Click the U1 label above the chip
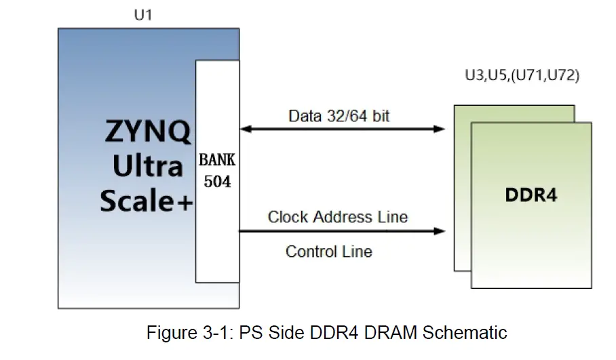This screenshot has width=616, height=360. pos(143,15)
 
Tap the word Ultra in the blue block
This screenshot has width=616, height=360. pos(148,166)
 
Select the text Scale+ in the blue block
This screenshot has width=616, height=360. pos(147,201)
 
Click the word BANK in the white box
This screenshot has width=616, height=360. pos(217,162)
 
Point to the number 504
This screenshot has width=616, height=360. pos(217,182)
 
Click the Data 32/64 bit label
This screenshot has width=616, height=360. pos(339,116)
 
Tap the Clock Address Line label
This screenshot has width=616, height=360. pos(337,217)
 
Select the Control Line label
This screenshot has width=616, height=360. pos(328,252)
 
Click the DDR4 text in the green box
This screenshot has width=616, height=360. pos(531,195)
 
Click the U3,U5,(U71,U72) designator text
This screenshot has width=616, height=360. pos(522,76)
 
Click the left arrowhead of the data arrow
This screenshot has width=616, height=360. pos(245,128)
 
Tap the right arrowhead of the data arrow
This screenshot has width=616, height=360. pos(439,128)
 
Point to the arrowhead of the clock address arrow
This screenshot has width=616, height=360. pos(439,231)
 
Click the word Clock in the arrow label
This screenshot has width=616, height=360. pos(288,217)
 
